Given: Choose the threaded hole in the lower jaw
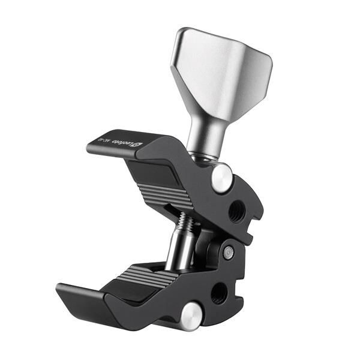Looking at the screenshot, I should coord(219,292).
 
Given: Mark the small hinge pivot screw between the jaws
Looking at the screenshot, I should coord(227,253).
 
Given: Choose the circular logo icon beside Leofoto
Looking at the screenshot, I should coord(136,144).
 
